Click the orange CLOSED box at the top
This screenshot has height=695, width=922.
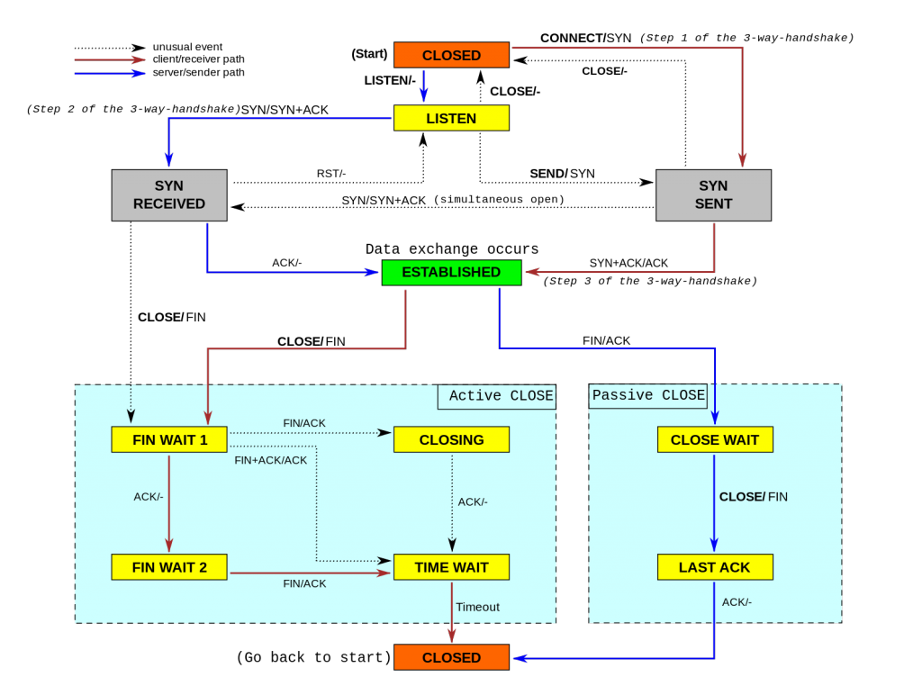click(x=451, y=55)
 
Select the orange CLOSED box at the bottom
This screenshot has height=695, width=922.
click(x=451, y=657)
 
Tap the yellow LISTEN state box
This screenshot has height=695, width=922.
click(x=451, y=118)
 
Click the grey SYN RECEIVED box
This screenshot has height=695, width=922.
click(x=169, y=195)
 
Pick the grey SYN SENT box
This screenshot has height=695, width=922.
click(x=713, y=195)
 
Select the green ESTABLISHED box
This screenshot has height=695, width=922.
click(x=451, y=272)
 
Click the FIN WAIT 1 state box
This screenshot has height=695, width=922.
click(x=169, y=439)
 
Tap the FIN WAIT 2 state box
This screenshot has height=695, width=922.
click(x=169, y=567)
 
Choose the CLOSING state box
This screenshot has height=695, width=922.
click(x=451, y=439)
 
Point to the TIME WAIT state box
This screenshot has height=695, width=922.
click(x=451, y=567)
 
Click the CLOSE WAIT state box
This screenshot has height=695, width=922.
click(x=715, y=439)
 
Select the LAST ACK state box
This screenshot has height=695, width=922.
click(x=715, y=567)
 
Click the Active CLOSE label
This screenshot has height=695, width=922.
click(x=501, y=396)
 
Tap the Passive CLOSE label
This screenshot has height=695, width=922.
click(x=648, y=395)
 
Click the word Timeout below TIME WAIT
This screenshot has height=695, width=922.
click(x=477, y=607)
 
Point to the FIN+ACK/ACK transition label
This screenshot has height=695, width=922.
click(x=270, y=460)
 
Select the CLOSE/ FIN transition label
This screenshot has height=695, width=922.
click(x=753, y=496)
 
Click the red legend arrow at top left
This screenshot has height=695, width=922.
click(x=110, y=60)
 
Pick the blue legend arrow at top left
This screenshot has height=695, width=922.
click(x=110, y=74)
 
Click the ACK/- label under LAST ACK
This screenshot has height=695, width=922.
click(x=737, y=601)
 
